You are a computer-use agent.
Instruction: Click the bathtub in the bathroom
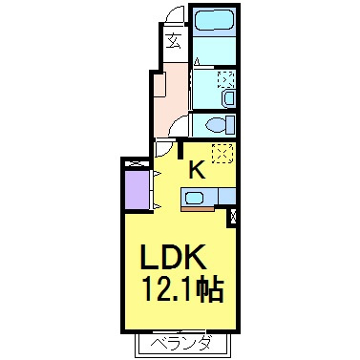click(x=214, y=20)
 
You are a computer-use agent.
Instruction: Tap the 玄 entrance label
click(x=175, y=40)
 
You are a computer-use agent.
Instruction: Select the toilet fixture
click(x=220, y=125)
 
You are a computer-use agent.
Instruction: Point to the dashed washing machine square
click(x=226, y=79)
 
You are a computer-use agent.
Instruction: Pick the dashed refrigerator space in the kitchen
click(x=222, y=153)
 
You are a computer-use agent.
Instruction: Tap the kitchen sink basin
click(x=194, y=198)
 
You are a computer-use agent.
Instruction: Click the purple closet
click(x=137, y=190)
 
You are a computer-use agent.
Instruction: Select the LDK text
click(x=173, y=257)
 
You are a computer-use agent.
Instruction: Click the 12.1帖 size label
click(x=184, y=289)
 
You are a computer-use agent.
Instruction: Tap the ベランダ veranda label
click(x=180, y=344)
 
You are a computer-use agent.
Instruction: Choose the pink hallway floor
click(x=171, y=99)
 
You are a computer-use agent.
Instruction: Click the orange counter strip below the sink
click(x=198, y=209)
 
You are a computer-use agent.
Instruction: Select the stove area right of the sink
click(x=227, y=196)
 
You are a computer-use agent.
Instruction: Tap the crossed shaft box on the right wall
click(x=233, y=217)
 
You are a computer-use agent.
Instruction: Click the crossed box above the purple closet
click(x=137, y=164)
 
